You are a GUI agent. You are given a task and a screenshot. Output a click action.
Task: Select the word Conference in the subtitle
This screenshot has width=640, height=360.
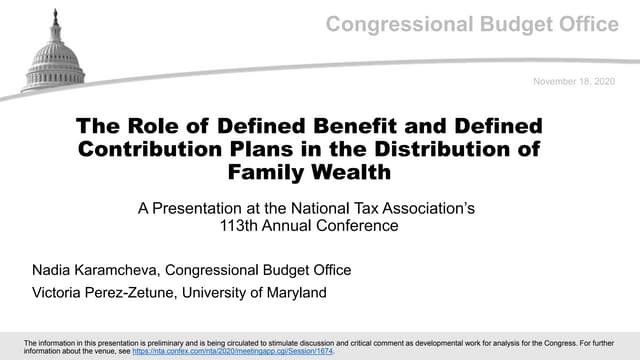361,226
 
